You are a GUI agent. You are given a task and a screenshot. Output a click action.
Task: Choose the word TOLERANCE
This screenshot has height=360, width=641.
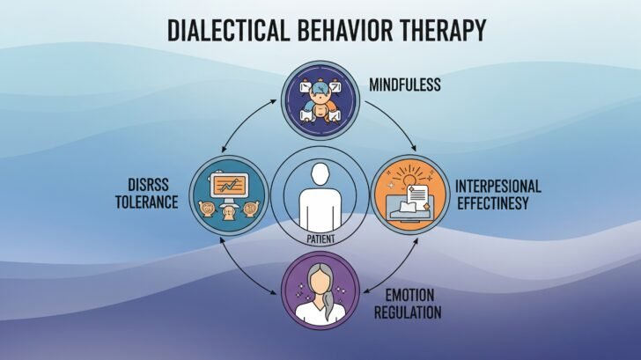[x=146, y=203]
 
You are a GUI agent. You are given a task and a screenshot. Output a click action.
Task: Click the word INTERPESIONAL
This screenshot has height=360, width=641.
[x=497, y=187]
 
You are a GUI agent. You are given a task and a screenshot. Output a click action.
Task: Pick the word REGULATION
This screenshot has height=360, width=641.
[x=407, y=312]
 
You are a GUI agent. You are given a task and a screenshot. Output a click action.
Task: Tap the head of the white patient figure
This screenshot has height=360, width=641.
[x=320, y=175]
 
